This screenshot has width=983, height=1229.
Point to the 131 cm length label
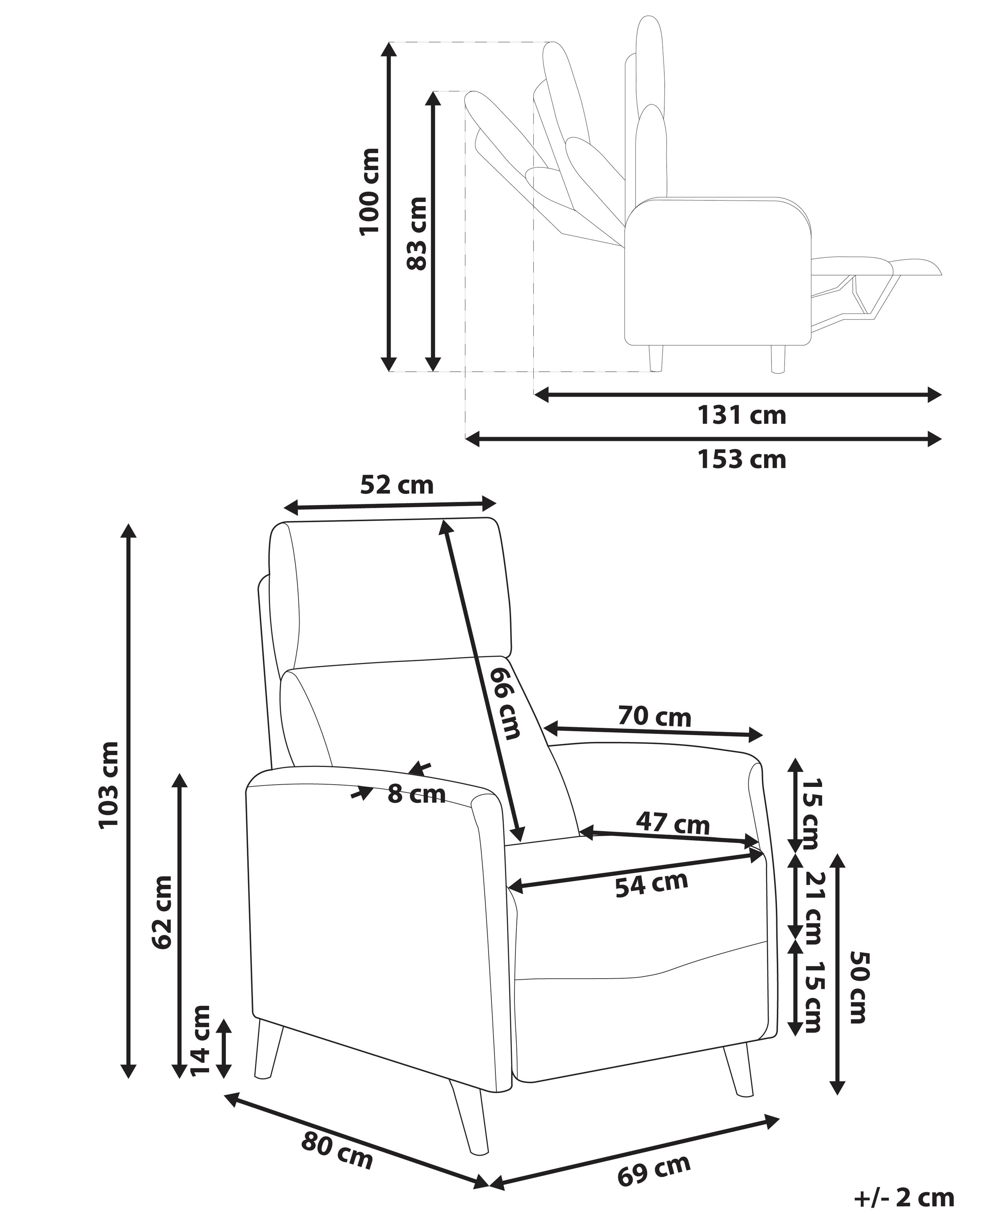coord(742,416)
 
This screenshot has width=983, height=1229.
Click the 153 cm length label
coord(742,459)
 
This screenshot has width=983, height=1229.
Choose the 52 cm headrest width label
coord(397,485)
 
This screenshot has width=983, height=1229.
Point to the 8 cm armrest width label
coord(416,794)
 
